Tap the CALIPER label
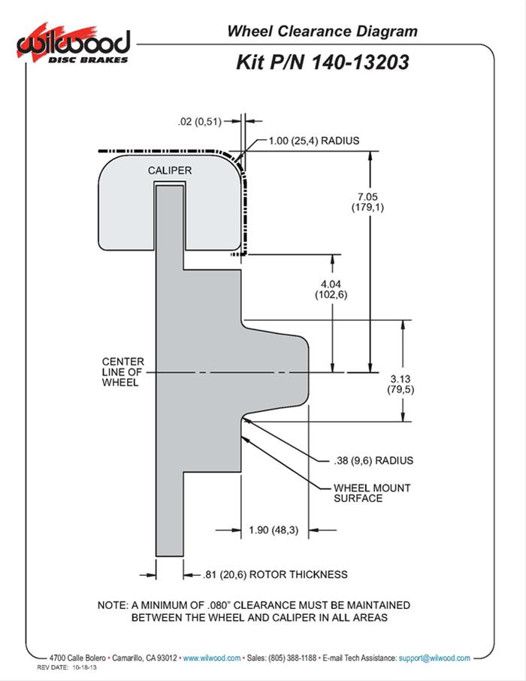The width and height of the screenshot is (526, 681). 169,171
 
